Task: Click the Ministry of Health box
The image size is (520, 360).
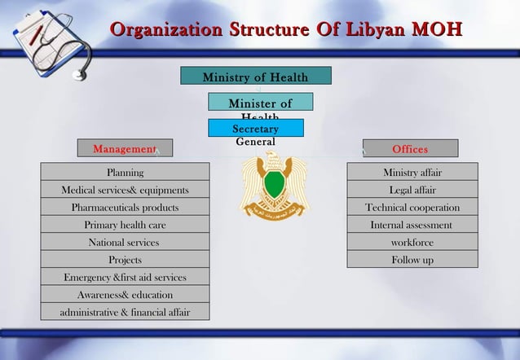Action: pyautogui.click(x=255, y=77)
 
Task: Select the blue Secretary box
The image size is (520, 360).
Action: pyautogui.click(x=255, y=129)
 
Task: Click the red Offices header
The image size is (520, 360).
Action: pyautogui.click(x=410, y=148)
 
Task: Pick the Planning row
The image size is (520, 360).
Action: pyautogui.click(x=125, y=172)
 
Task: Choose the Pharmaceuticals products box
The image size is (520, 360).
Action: pyautogui.click(x=125, y=207)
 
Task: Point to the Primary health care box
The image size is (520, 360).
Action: pyautogui.click(x=125, y=225)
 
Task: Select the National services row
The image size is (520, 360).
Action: pyautogui.click(x=125, y=242)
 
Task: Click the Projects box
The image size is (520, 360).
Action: pyautogui.click(x=125, y=260)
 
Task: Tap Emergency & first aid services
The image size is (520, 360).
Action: pyautogui.click(x=125, y=277)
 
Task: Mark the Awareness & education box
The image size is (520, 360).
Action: pyautogui.click(x=125, y=294)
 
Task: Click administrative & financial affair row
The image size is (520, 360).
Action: pyautogui.click(x=125, y=312)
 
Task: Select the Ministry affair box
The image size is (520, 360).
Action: pyautogui.click(x=412, y=172)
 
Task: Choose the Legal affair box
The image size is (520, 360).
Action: pyautogui.click(x=412, y=190)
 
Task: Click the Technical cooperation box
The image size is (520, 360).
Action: pyautogui.click(x=412, y=207)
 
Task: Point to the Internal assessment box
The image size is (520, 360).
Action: pyautogui.click(x=412, y=225)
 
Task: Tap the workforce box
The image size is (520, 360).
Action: pyautogui.click(x=412, y=242)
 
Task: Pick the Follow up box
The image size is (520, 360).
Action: pyautogui.click(x=412, y=260)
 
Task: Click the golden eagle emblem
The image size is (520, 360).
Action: pyautogui.click(x=274, y=186)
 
